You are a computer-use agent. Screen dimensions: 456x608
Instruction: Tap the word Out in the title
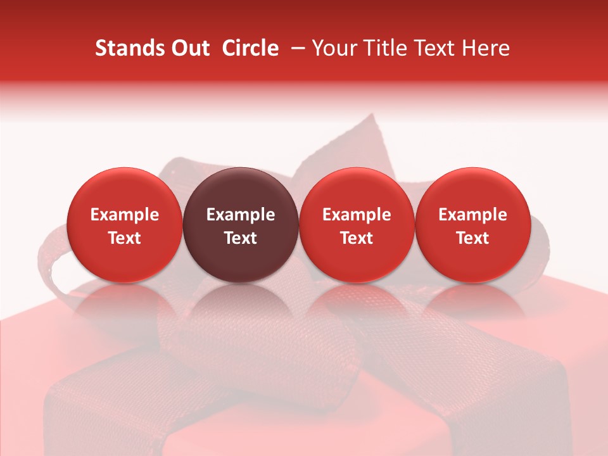pyautogui.click(x=190, y=48)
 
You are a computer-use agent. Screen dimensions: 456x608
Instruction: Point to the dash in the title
pyautogui.click(x=295, y=48)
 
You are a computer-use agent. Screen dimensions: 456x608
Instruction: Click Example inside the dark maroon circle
pyautogui.click(x=241, y=215)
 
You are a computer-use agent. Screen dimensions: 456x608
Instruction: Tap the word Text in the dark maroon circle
pyautogui.click(x=241, y=238)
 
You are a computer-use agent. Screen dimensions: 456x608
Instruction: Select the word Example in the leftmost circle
pyautogui.click(x=124, y=215)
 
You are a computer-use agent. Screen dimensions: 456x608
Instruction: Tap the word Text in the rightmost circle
pyautogui.click(x=473, y=238)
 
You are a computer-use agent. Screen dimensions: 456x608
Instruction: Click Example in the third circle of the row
pyautogui.click(x=357, y=215)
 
